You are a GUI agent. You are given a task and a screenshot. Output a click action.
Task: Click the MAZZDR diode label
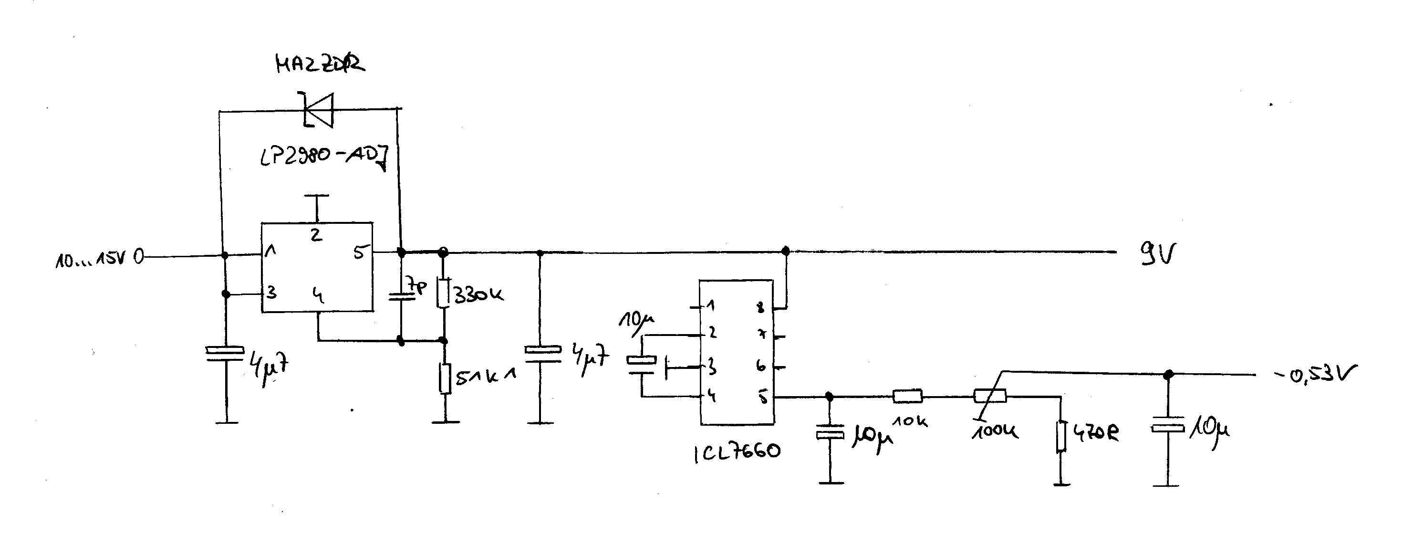pos(320,64)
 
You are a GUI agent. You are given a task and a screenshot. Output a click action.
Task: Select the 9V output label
pos(1158,253)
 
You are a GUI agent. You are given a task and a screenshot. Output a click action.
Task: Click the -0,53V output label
pos(1315,375)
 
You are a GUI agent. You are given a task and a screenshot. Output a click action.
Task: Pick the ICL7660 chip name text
pos(737,452)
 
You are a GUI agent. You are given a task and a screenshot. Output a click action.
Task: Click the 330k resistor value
pos(478,295)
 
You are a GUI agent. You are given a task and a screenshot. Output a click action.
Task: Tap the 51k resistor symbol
pos(446,378)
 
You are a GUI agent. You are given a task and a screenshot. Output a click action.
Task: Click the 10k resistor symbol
pos(907,396)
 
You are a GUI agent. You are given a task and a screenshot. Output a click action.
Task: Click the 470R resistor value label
pos(1096,433)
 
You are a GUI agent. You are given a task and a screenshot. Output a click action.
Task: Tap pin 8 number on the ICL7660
pos(761,307)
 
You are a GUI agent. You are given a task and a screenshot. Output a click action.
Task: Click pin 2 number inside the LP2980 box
pos(316,235)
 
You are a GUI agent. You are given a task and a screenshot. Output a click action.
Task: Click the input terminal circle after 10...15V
pos(139,256)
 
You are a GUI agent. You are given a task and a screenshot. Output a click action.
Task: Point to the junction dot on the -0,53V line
pos(1168,375)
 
